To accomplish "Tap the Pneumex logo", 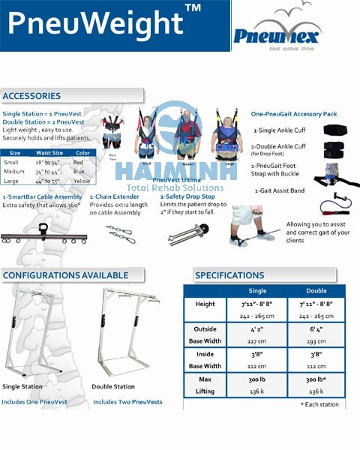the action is coord(276,34).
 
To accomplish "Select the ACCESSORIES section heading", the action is coord(31,96).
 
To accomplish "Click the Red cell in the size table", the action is coord(78,162).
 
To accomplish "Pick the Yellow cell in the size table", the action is coord(81,181).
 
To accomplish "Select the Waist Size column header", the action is coord(49,153).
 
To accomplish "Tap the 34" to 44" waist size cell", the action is coord(48,171).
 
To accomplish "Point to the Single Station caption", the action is coord(22,387).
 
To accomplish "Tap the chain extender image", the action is coord(120,233).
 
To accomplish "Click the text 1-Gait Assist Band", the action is coord(278,190).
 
